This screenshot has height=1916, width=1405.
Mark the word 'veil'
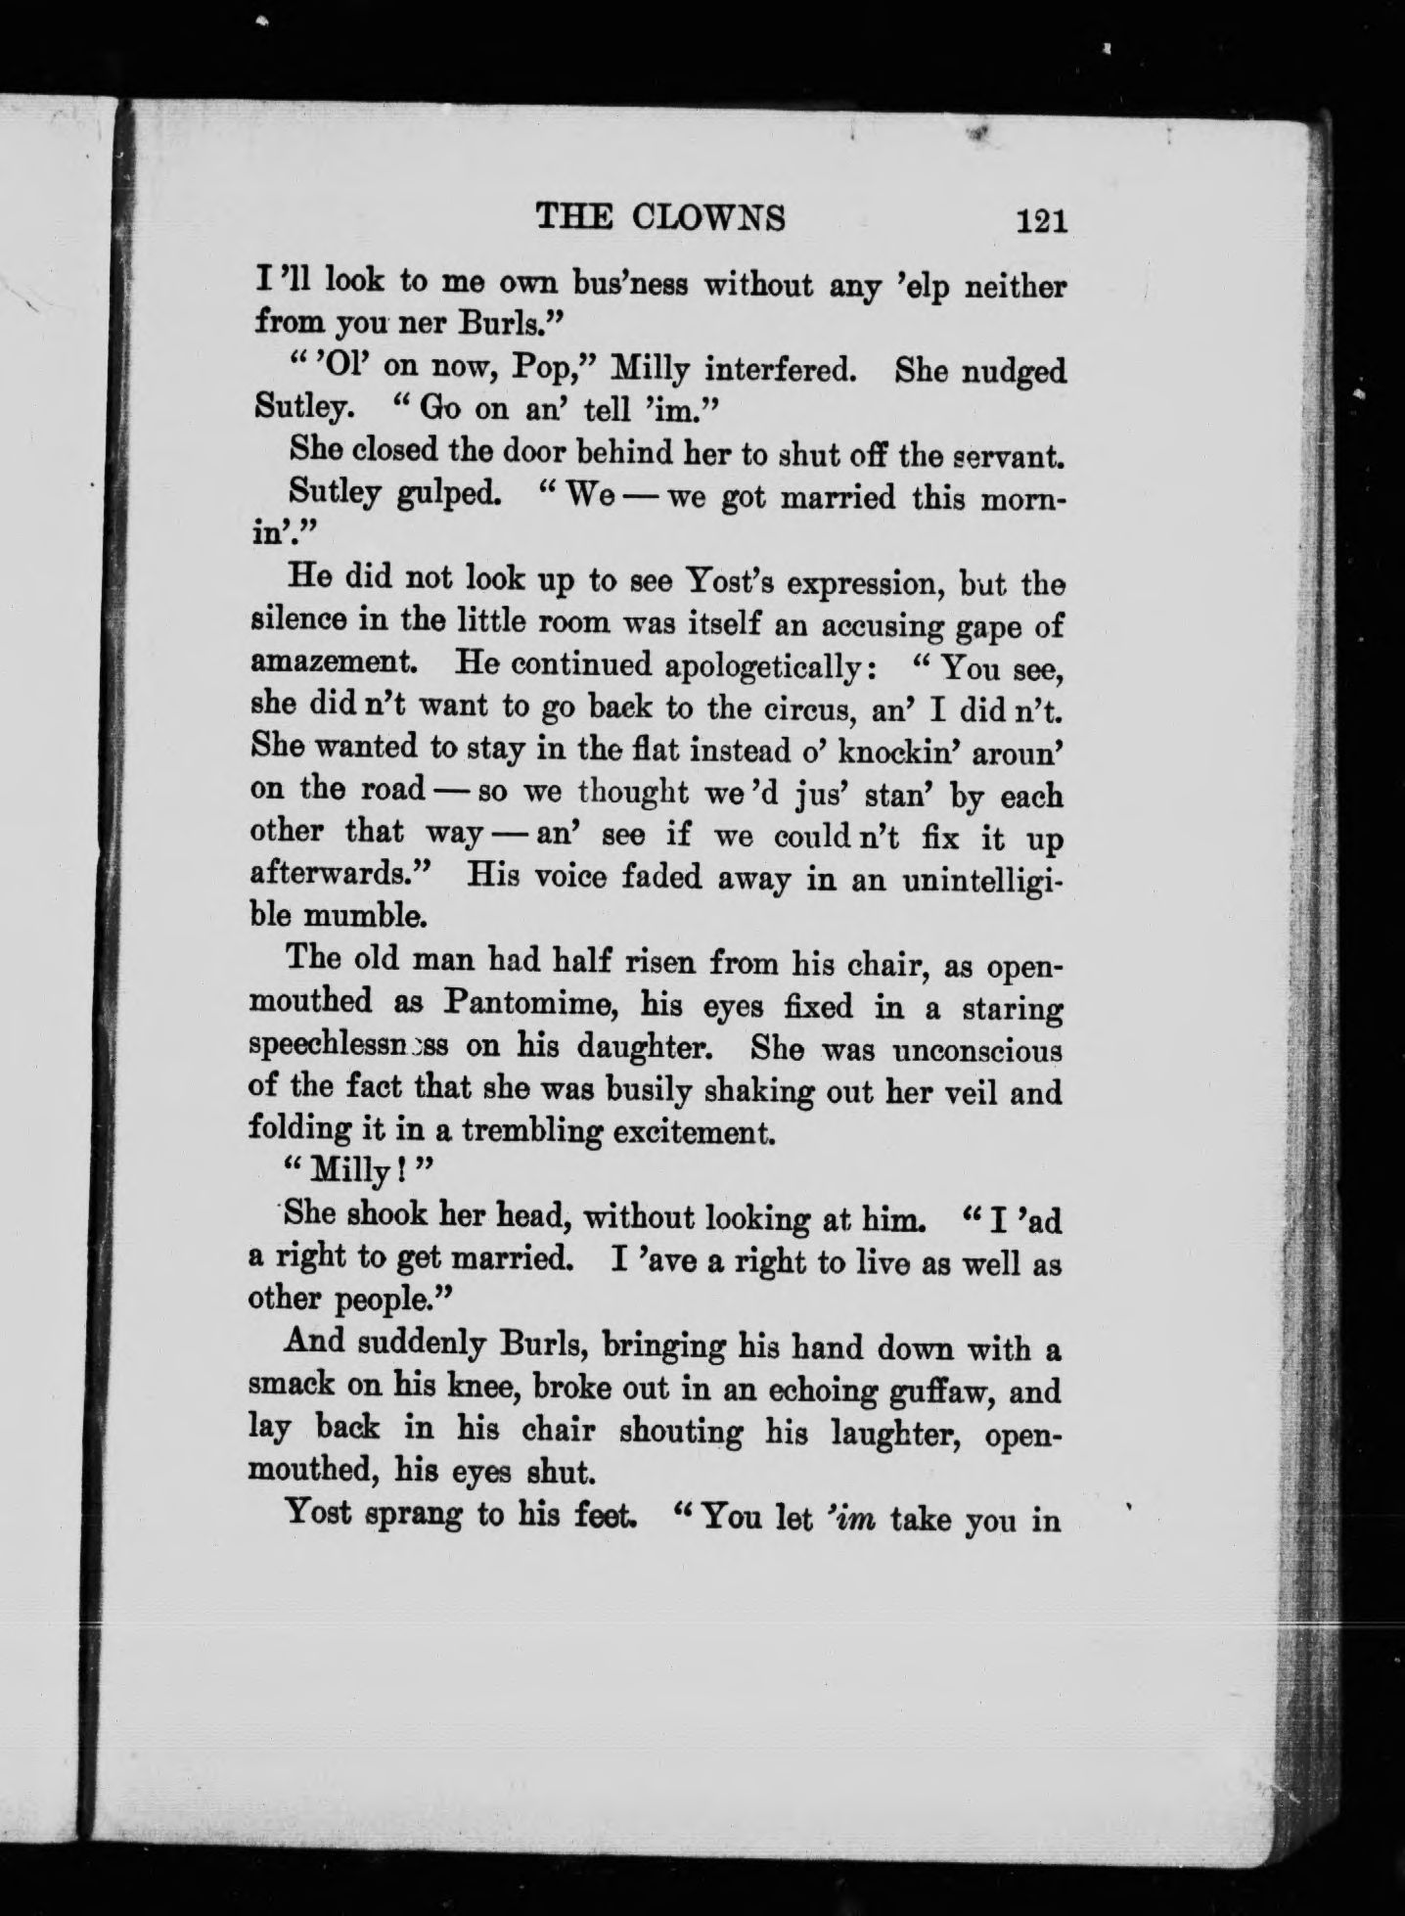point(970,1090)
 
